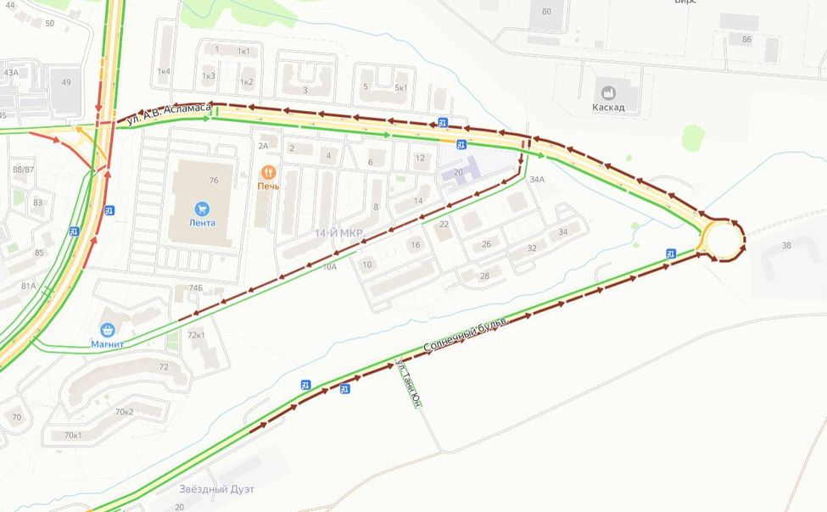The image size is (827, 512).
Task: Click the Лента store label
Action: coord(202,223)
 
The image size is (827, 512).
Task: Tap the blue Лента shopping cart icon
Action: coord(202,208)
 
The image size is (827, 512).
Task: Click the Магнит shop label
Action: coord(108,344)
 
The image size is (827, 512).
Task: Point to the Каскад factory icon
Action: coord(608,92)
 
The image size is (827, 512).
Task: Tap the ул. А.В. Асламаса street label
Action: coord(168,114)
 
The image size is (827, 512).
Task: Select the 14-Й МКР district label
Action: coord(338,232)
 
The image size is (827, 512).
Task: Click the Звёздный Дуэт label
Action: coord(216,489)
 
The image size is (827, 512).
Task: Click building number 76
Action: coord(214,180)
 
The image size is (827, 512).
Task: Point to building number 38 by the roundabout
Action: coord(786,246)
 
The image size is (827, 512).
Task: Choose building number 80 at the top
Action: coord(546,11)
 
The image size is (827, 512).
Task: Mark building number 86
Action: coord(746,39)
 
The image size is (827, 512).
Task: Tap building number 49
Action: coord(66,82)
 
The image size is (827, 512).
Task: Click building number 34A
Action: coord(536,180)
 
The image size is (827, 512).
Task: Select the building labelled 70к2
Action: coord(124,412)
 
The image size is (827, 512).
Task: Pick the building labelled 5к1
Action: coord(400,87)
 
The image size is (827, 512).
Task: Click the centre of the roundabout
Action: coord(723,240)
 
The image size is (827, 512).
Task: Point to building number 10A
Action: coord(329,266)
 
